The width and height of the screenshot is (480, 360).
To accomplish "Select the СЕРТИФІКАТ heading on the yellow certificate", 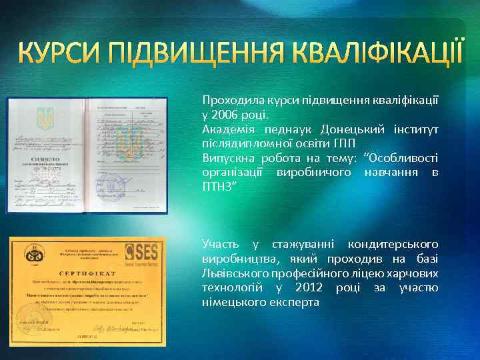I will [x=83, y=273].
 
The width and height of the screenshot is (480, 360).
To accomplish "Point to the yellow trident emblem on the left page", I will [x=46, y=117].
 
